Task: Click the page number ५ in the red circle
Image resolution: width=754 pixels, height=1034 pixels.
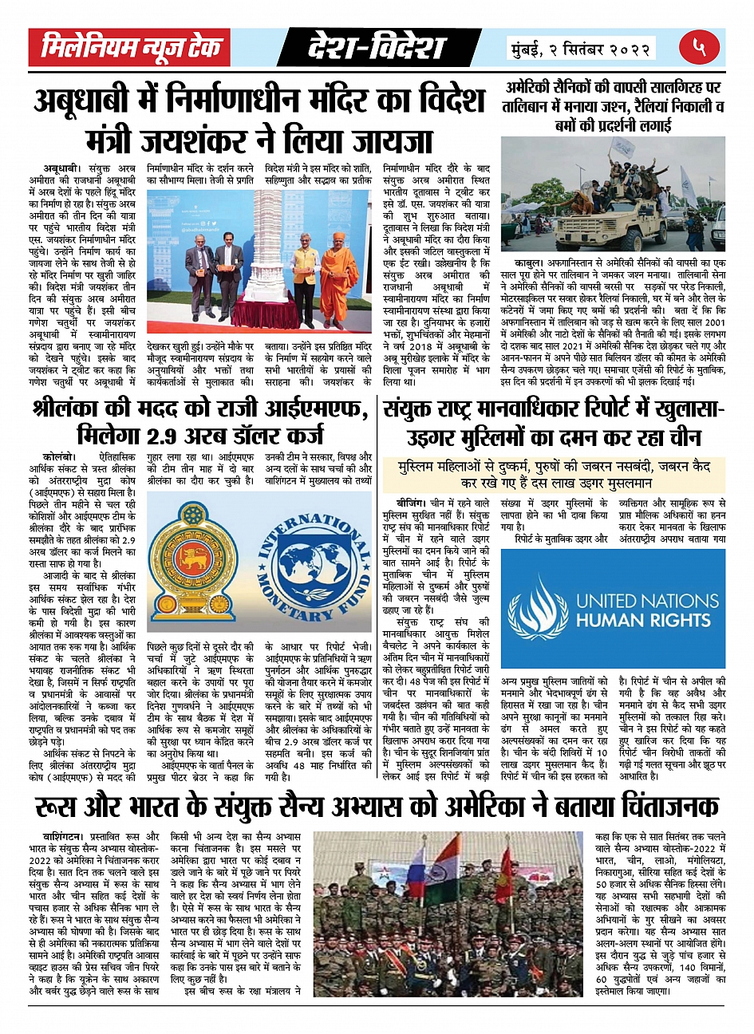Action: pos(700,48)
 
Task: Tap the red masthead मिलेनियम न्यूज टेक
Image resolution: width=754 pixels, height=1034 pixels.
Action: pos(130,48)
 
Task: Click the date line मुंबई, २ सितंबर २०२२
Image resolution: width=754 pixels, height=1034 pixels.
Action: pos(585,49)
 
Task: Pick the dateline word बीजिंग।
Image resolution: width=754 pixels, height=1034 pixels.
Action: pos(413,503)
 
